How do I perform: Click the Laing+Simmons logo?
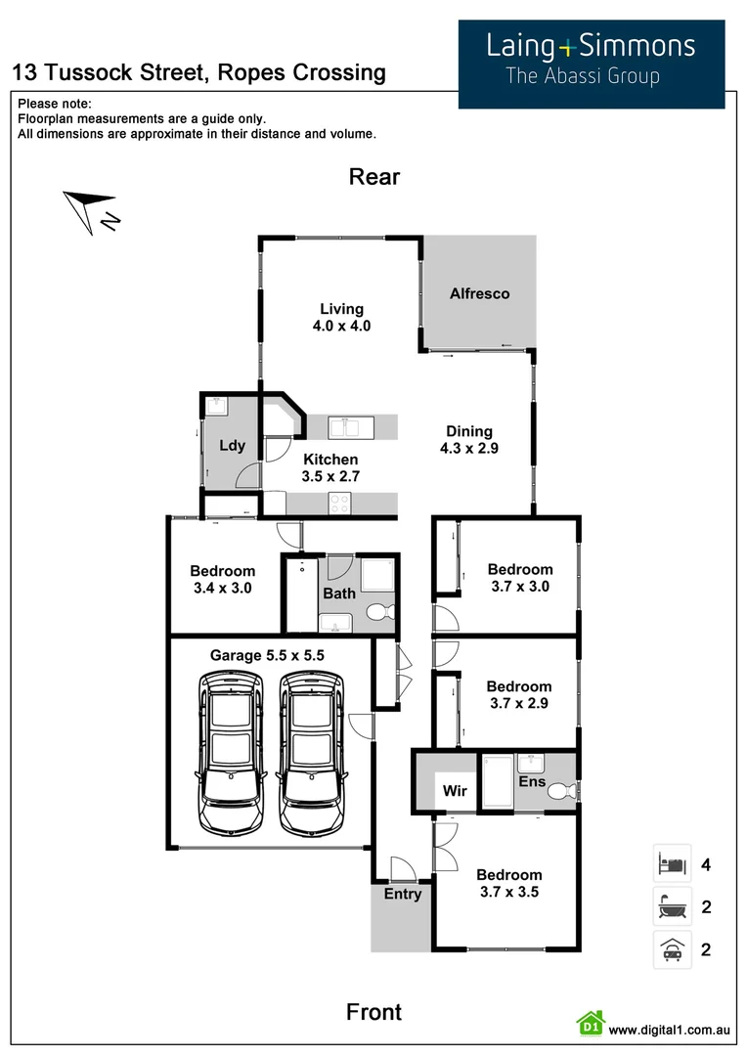592,63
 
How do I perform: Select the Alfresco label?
479,293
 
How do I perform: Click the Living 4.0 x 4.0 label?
341,318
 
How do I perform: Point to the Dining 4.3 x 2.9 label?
469,440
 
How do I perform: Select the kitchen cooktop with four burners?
339,504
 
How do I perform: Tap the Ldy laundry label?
232,446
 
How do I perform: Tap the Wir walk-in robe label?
454,789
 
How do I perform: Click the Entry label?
403,894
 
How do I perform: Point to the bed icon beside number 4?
672,864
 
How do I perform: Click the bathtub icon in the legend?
672,907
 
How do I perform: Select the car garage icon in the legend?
672,949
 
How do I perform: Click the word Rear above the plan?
374,177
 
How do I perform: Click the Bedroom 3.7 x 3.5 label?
508,883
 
